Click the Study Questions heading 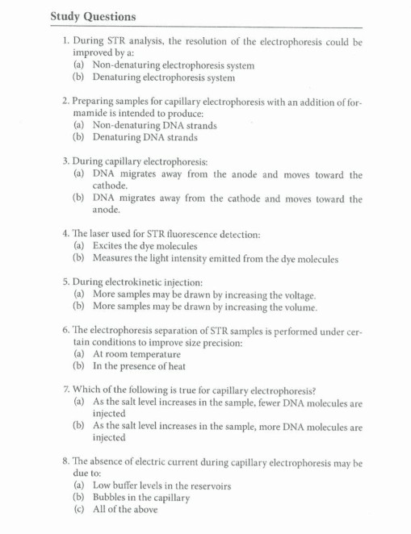point(93,16)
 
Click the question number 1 point(65,40)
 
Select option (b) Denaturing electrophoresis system point(153,78)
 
